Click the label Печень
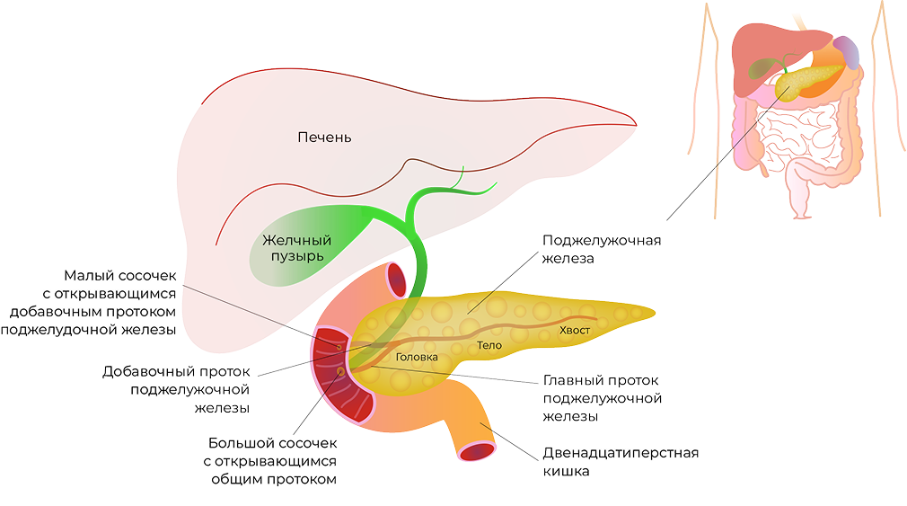click(x=324, y=138)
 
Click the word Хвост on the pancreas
click(x=575, y=330)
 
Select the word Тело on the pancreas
click(x=489, y=345)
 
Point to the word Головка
click(x=417, y=357)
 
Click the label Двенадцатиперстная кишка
click(x=621, y=461)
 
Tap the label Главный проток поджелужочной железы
click(x=603, y=398)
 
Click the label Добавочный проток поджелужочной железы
click(x=176, y=390)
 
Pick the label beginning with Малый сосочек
click(x=89, y=302)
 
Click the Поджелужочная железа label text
click(x=602, y=249)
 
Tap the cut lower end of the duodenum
click(x=477, y=450)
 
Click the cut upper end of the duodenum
click(x=397, y=280)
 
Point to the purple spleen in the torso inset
click(x=846, y=52)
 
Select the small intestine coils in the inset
click(x=798, y=136)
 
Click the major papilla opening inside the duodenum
click(x=340, y=371)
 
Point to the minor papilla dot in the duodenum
click(x=339, y=347)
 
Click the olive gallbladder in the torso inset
click(x=765, y=68)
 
